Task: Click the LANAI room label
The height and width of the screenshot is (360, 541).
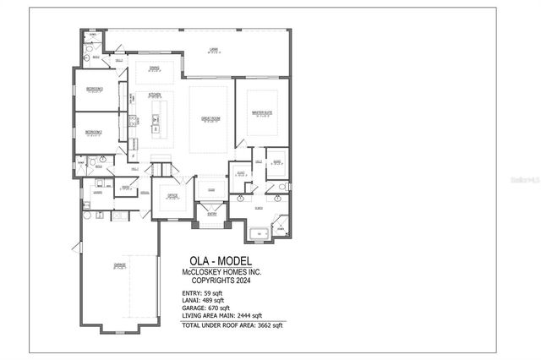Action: pos(215,50)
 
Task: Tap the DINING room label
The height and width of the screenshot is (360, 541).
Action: pos(155,68)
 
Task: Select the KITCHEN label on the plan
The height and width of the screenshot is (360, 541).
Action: pos(155,94)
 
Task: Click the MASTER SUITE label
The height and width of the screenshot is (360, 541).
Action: pos(261,111)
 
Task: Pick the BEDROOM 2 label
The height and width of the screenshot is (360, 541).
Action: pos(93,133)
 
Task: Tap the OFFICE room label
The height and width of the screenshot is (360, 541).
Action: pos(172,194)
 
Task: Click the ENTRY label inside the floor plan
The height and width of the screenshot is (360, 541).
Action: pos(211,215)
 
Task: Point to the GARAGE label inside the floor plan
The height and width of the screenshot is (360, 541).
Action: pos(120,265)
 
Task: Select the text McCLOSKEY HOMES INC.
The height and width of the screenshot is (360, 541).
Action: pos(221,270)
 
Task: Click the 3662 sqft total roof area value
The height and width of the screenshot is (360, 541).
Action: pos(269,325)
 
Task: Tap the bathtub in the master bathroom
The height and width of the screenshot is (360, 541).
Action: pos(259,232)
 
